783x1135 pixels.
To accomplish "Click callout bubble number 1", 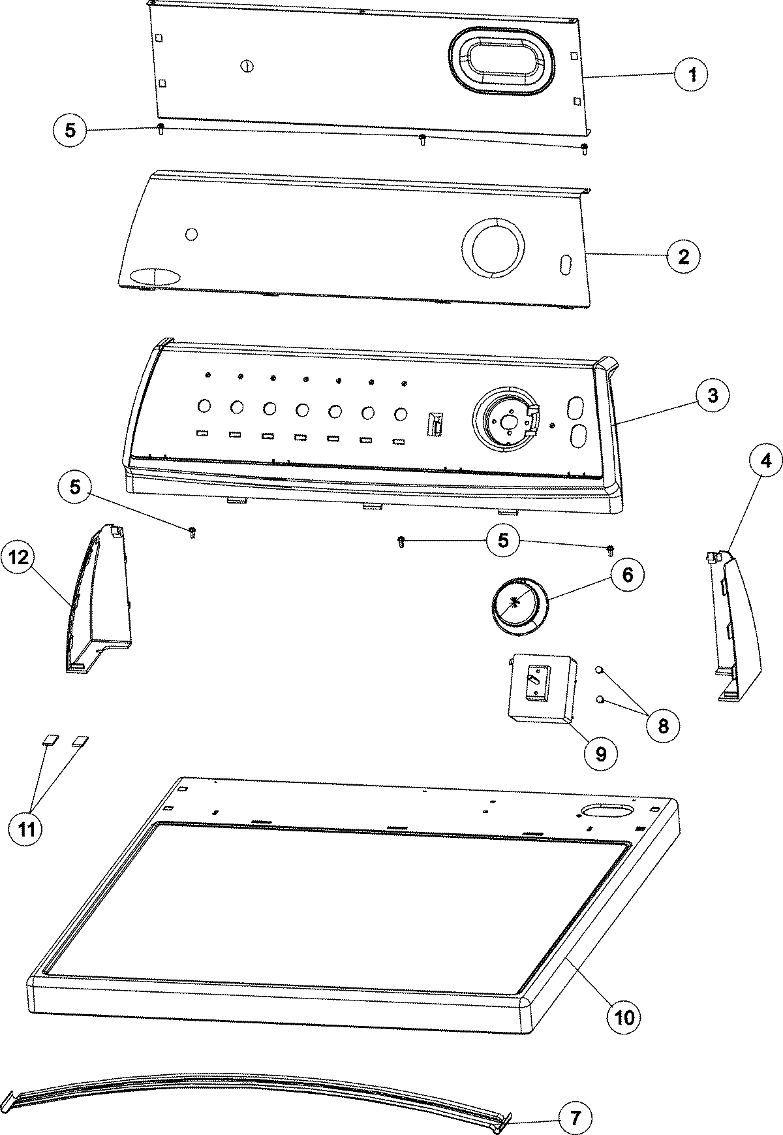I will [692, 75].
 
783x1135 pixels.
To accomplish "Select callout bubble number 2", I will [683, 257].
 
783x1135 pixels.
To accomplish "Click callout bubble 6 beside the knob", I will [626, 575].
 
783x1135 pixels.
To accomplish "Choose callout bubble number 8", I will [663, 726].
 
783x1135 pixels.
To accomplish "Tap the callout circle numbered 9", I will [600, 754].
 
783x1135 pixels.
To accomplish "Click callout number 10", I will [624, 1017].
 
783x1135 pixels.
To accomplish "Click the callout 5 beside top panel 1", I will [70, 130].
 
